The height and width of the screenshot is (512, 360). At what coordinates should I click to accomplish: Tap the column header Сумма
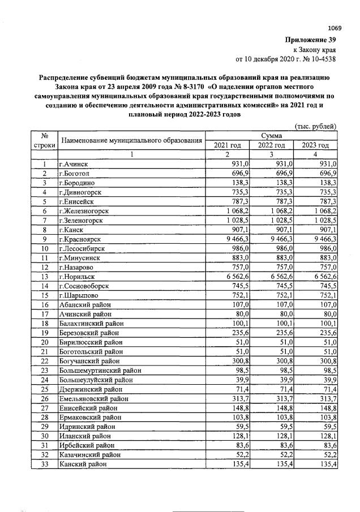[x=271, y=136]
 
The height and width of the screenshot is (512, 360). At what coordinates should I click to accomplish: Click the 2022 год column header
[x=272, y=145]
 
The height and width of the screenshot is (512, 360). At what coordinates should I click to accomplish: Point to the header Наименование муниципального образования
[x=131, y=140]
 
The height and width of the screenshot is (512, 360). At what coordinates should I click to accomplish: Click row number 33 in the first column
[x=43, y=464]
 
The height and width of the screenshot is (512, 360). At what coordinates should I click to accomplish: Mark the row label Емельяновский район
[x=92, y=398]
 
